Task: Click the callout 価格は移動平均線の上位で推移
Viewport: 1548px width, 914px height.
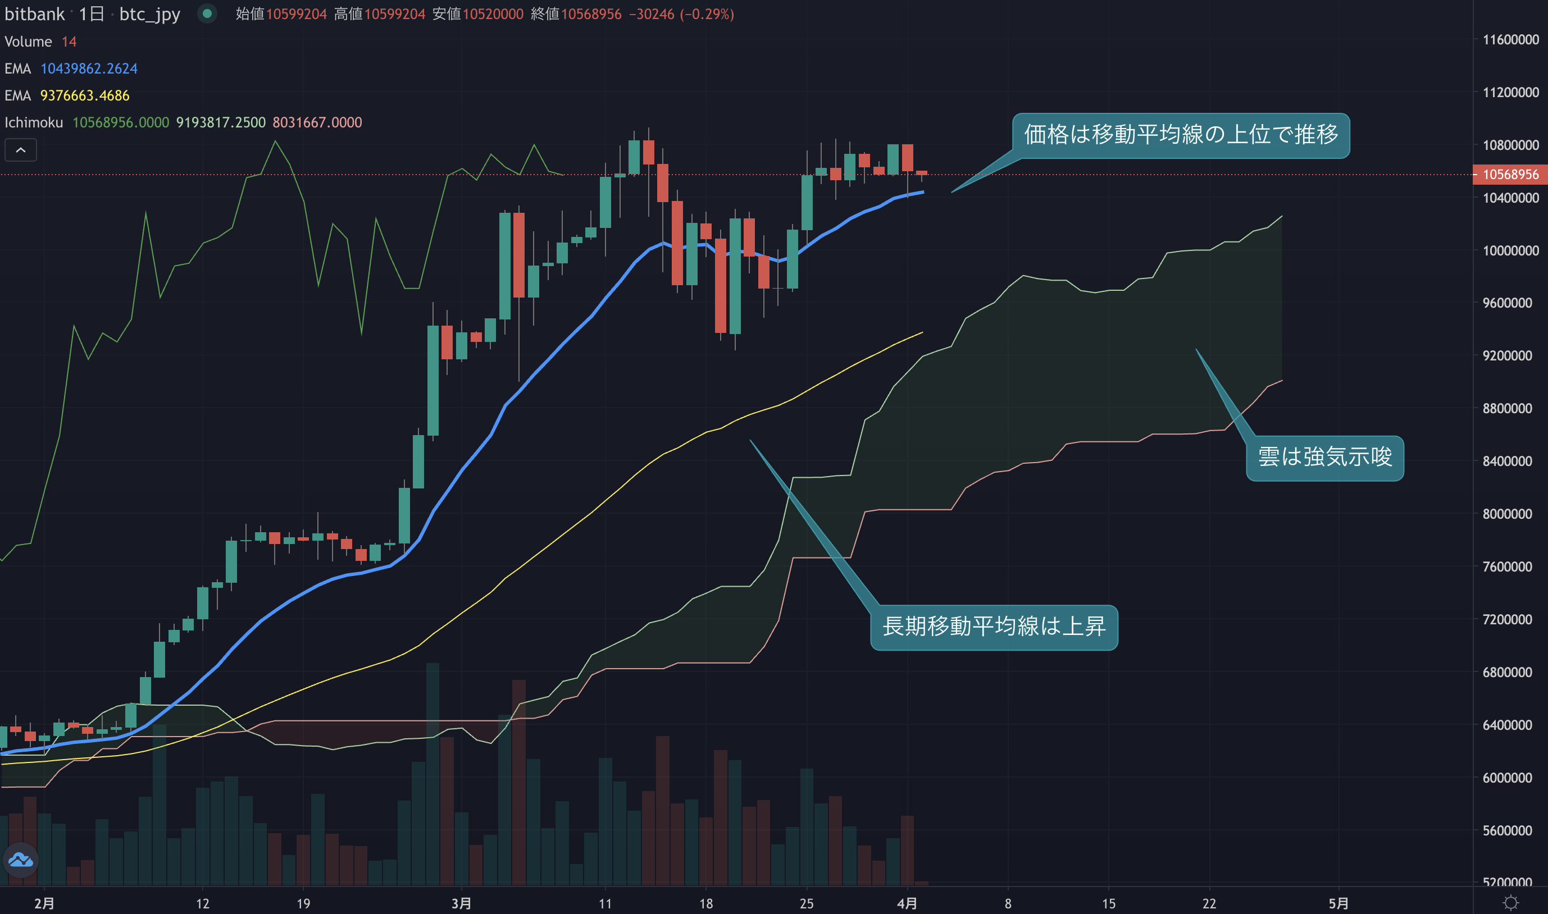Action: click(x=1180, y=135)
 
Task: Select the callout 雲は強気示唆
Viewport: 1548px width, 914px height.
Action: click(x=1324, y=458)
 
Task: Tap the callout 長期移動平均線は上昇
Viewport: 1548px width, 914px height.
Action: click(x=994, y=627)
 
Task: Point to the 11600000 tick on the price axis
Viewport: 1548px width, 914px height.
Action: click(x=1510, y=40)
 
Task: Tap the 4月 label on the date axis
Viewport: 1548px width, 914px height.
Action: click(x=907, y=903)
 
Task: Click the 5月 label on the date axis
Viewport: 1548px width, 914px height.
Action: click(x=1338, y=903)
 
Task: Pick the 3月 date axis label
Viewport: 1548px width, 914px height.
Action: click(x=461, y=903)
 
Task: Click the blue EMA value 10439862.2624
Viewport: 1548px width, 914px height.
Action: click(x=89, y=69)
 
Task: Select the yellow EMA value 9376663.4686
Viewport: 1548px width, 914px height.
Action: click(x=85, y=96)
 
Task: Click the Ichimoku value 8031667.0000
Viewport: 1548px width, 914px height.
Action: click(x=317, y=123)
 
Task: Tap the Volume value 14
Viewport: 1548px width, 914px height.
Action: click(x=69, y=42)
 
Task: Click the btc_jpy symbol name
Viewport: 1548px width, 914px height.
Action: click(x=149, y=14)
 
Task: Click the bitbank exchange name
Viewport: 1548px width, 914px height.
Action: click(x=34, y=14)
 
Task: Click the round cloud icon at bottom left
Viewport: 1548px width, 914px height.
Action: click(x=21, y=860)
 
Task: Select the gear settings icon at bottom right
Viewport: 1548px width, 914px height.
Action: click(x=1510, y=903)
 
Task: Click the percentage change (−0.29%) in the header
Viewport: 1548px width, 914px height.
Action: click(x=707, y=14)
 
